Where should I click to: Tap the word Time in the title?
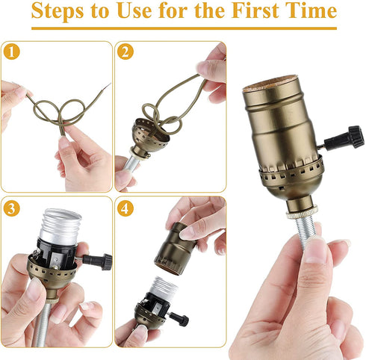coord(312,13)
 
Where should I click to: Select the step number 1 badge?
coord(10,52)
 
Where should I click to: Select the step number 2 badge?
coord(126,52)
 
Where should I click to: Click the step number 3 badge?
coord(10,208)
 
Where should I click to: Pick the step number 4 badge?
coord(126,208)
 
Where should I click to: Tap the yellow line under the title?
coord(183,29)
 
